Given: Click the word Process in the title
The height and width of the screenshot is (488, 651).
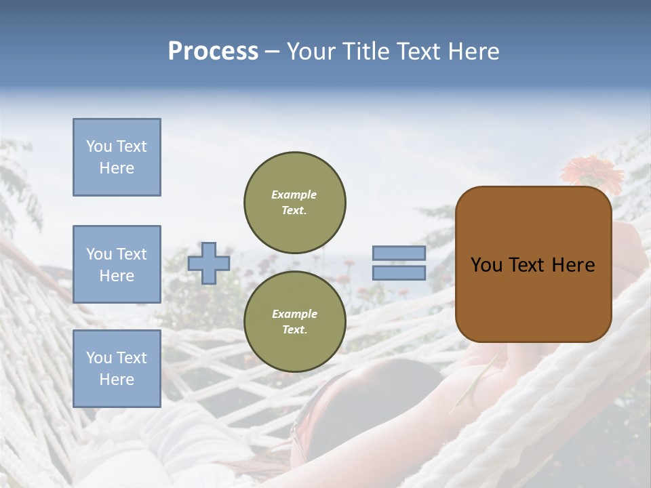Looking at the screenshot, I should (x=213, y=52).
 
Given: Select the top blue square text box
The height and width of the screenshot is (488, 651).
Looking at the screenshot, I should (x=117, y=157).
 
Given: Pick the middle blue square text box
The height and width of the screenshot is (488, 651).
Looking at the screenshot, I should (x=117, y=264).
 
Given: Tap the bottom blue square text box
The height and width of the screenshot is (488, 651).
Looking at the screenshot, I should (x=117, y=369).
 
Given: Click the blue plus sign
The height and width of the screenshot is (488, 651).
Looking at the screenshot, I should (x=209, y=263).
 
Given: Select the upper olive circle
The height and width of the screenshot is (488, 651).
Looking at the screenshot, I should (x=294, y=202).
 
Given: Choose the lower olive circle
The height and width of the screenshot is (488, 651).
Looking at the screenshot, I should (x=294, y=321).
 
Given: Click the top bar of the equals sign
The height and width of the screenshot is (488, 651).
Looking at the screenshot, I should (x=399, y=253).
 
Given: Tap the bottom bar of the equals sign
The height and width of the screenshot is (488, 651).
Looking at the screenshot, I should (x=399, y=272).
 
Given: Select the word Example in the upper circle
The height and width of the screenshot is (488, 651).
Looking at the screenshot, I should (x=294, y=195).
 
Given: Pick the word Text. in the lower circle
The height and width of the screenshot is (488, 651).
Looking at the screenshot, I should (x=294, y=329).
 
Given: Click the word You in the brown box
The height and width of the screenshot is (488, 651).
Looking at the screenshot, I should (x=486, y=265).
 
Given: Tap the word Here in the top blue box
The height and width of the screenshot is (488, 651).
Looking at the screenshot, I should (x=117, y=168).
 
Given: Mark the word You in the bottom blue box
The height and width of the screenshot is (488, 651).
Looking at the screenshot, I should (x=99, y=358).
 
